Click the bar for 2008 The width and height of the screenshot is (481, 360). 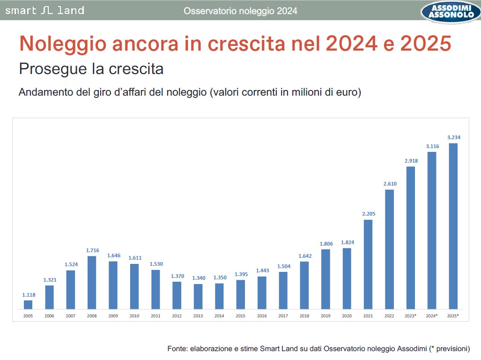92,283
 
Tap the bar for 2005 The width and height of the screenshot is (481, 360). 28,305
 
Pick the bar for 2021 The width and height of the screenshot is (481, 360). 368,264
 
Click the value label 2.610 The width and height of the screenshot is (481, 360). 389,183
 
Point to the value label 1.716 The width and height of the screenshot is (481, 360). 92,250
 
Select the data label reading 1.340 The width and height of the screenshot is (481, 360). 198,278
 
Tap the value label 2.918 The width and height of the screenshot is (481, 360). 411,161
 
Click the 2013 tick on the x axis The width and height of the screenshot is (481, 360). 198,316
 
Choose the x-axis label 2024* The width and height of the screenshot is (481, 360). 431,316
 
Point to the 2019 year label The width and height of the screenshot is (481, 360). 326,316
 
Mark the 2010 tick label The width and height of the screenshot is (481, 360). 134,316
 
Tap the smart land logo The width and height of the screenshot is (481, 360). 44,10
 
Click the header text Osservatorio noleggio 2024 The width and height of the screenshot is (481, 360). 240,11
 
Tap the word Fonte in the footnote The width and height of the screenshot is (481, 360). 177,349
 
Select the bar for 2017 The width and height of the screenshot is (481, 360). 283,291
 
